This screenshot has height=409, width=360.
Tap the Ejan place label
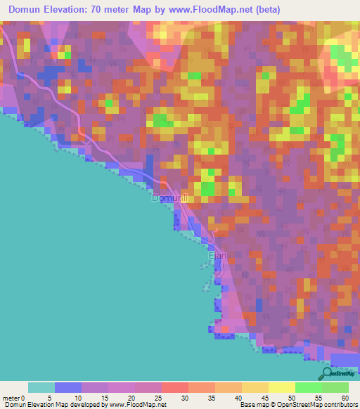tap(217, 257)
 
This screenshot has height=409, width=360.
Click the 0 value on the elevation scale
tap(29, 398)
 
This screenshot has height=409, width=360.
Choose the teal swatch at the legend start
tap(41, 387)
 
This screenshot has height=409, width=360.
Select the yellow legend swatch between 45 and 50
tap(255, 387)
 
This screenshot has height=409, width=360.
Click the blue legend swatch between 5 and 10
tap(68, 387)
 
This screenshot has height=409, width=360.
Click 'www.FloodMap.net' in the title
tap(239, 10)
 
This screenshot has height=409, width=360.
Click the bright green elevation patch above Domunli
tap(208, 188)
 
